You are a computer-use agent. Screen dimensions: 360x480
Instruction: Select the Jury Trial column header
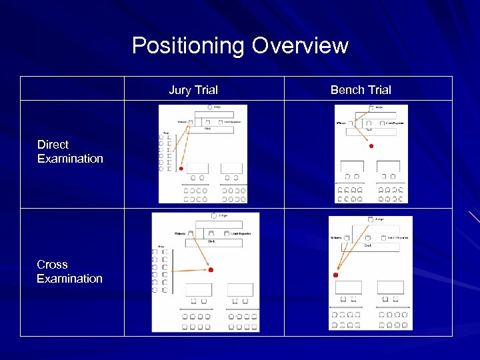193,90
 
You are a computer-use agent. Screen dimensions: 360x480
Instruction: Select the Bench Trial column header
361,90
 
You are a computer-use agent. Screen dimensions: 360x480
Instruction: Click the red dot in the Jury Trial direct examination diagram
181,169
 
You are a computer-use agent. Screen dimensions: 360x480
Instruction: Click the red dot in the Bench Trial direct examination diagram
371,146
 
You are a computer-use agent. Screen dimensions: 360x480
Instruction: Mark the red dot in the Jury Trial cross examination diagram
211,270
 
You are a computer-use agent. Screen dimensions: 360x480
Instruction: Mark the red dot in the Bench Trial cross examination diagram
336,275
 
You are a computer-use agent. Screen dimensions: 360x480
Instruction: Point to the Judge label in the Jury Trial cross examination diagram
223,216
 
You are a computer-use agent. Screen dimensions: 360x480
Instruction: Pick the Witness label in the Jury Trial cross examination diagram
179,233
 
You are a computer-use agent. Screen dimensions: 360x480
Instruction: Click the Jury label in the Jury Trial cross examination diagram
161,247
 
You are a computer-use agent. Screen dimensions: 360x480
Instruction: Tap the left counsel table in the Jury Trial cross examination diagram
199,290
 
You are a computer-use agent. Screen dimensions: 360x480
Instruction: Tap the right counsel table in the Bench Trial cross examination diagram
390,287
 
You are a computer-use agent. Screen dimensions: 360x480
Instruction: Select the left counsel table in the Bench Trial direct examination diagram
352,166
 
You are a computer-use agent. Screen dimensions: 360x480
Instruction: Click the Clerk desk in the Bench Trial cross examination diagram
367,246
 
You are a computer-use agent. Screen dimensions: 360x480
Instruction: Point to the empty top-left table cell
72,89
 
